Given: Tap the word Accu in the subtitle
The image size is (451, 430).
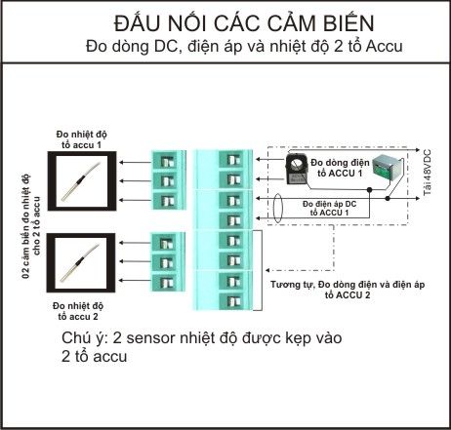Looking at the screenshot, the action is click(385, 47).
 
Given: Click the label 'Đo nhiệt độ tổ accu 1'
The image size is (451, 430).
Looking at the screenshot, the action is click(81, 139).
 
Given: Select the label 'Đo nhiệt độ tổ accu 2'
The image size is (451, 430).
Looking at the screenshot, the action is click(78, 311).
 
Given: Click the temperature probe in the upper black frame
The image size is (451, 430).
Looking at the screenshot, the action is click(80, 181).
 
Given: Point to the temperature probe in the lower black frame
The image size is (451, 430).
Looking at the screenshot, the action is click(79, 263).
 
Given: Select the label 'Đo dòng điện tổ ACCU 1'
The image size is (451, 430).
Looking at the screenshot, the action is click(340, 168).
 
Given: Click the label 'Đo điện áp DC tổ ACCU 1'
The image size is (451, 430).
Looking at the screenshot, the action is click(329, 209).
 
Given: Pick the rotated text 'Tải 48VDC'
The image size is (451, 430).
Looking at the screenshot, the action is click(427, 173).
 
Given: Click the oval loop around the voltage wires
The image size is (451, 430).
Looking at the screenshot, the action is click(277, 209).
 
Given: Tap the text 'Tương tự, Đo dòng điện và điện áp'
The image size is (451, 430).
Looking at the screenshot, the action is click(348, 285).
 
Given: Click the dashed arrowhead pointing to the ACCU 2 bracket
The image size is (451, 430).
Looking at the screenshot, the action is click(267, 270).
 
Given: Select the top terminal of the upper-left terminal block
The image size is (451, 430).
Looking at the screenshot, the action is click(168, 161).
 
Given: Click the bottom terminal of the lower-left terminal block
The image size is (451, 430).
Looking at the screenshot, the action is click(167, 282).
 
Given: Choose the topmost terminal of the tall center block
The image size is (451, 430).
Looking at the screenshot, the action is click(233, 160).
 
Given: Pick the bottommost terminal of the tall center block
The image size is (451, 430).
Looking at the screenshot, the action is click(233, 301).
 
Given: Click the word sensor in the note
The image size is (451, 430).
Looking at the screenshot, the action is click(150, 338).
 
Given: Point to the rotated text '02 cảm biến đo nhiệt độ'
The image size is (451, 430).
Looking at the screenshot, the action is click(26, 226).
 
